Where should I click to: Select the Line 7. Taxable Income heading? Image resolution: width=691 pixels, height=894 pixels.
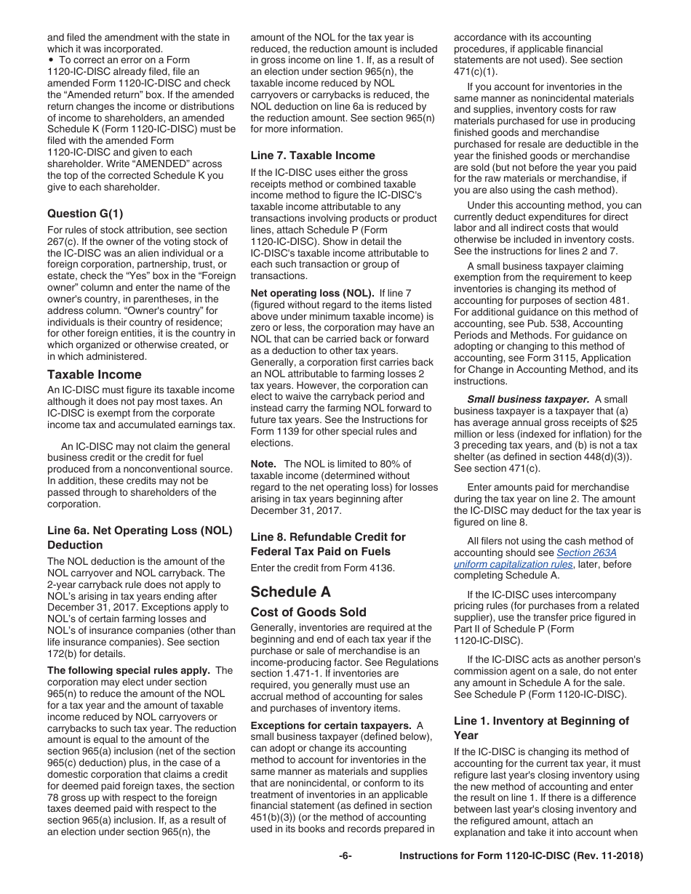(313, 156)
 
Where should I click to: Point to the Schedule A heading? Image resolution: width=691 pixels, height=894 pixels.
(290, 592)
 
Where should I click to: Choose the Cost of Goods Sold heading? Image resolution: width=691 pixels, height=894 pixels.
(308, 612)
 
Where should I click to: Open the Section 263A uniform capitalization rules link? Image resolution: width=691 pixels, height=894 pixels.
(540, 558)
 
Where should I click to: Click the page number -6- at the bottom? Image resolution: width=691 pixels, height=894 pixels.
(345, 856)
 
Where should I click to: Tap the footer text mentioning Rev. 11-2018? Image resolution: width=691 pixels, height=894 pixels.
(522, 856)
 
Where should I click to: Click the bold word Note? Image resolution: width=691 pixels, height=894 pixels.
(263, 464)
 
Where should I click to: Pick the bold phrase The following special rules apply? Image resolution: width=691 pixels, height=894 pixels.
(129, 670)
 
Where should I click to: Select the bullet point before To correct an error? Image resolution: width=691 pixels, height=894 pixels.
(50, 60)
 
